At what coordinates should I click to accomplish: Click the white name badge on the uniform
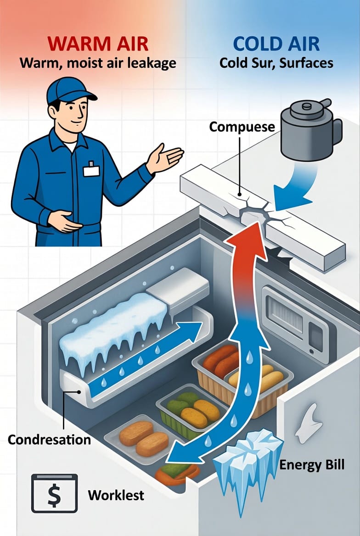coord(91,171)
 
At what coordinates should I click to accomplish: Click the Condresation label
coord(49,439)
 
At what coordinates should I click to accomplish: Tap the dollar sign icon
coord(54,494)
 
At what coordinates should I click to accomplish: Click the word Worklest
coord(116,495)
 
